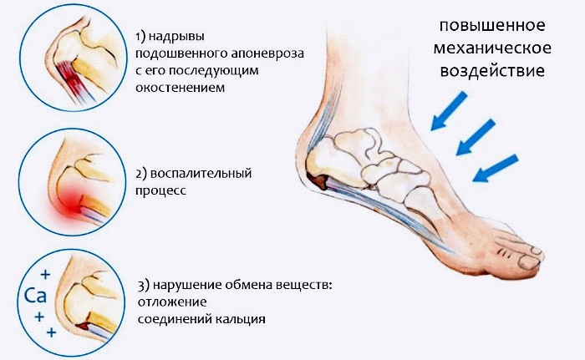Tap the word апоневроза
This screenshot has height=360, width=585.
click(x=267, y=54)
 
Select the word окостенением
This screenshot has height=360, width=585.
click(x=181, y=88)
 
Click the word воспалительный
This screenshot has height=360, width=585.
click(x=201, y=175)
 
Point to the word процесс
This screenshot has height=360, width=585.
click(x=160, y=191)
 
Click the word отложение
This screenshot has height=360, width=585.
click(x=172, y=302)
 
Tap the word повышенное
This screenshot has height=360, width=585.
click(x=492, y=26)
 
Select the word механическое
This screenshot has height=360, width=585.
click(x=492, y=48)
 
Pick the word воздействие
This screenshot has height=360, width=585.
click(x=492, y=71)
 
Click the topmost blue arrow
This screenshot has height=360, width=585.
click(x=449, y=111)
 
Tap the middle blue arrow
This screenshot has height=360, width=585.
click(x=476, y=137)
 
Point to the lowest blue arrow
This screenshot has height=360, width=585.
click(x=496, y=168)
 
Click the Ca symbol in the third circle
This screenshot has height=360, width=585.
click(x=35, y=296)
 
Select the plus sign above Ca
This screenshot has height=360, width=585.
click(x=45, y=275)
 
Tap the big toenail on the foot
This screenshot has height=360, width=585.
click(x=530, y=262)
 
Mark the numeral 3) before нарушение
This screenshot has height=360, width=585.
click(x=144, y=286)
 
